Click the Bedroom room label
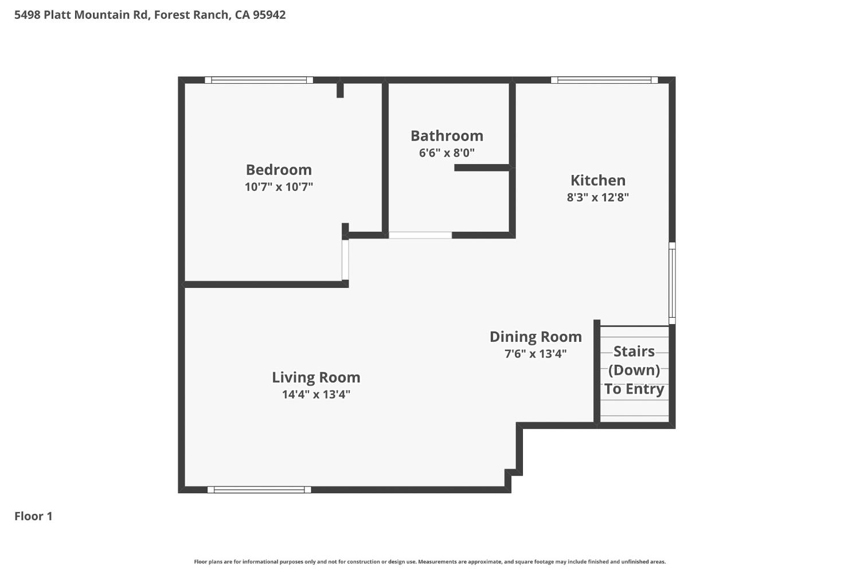coord(279,170)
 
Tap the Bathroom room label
coord(447,136)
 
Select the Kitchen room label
coord(597,180)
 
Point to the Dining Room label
coord(535,337)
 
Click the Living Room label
coord(316,377)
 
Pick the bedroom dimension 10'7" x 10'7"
coord(279,187)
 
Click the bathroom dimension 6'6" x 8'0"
coord(447,153)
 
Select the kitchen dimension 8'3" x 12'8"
coord(597,197)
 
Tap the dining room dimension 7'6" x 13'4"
coord(535,354)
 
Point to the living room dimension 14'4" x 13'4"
coord(316,395)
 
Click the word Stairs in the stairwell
coord(634,351)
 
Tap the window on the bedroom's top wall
coord(259,80)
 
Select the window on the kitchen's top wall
coord(604,80)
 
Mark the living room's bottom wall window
coord(259,490)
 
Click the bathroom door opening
coord(420,235)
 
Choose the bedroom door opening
coord(345,260)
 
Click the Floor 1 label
coord(33,516)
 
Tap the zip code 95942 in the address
coord(269,15)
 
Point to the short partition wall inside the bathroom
coord(482,167)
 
